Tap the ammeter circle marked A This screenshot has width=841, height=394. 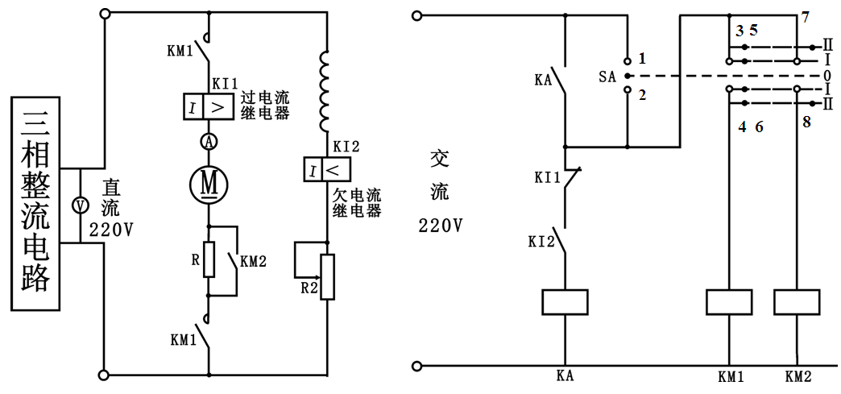(x=209, y=142)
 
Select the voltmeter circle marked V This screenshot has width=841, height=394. (x=80, y=205)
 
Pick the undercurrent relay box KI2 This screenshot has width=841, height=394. (x=327, y=170)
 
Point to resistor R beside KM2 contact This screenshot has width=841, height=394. (x=209, y=259)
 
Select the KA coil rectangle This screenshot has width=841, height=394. (x=564, y=301)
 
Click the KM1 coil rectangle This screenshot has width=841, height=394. (x=729, y=301)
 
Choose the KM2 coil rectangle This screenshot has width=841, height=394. (x=797, y=301)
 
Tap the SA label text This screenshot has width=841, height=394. (x=607, y=77)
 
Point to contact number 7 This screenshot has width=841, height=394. (x=805, y=18)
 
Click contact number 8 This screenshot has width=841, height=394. (x=806, y=122)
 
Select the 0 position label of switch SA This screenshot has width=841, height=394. (x=827, y=75)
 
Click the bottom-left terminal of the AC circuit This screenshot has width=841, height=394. (x=416, y=367)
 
